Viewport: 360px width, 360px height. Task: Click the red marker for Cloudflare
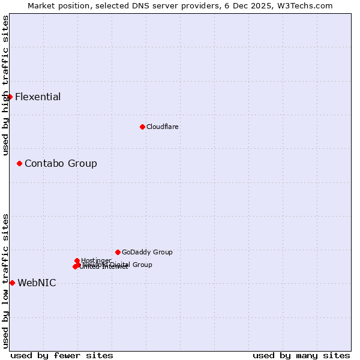click(142, 127)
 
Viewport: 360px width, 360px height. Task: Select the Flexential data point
click(10, 97)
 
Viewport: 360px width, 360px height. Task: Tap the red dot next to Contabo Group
click(19, 163)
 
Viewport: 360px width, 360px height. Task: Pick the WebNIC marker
click(12, 283)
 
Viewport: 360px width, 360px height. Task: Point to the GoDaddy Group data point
click(118, 252)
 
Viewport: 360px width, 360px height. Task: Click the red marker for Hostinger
click(77, 260)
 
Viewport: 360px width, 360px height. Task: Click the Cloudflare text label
click(163, 127)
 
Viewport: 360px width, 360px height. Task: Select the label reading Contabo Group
click(61, 163)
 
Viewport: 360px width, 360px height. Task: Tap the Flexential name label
click(38, 97)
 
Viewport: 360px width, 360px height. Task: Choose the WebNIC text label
click(37, 283)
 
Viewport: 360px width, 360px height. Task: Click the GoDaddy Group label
click(147, 252)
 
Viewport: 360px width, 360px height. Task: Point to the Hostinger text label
click(96, 260)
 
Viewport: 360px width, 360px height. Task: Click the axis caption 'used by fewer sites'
click(62, 355)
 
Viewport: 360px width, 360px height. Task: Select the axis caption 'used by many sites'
click(301, 355)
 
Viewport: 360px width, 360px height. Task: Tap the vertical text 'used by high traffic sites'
click(5, 85)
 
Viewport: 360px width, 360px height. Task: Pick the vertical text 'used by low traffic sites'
click(5, 280)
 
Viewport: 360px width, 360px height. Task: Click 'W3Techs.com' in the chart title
click(308, 5)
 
